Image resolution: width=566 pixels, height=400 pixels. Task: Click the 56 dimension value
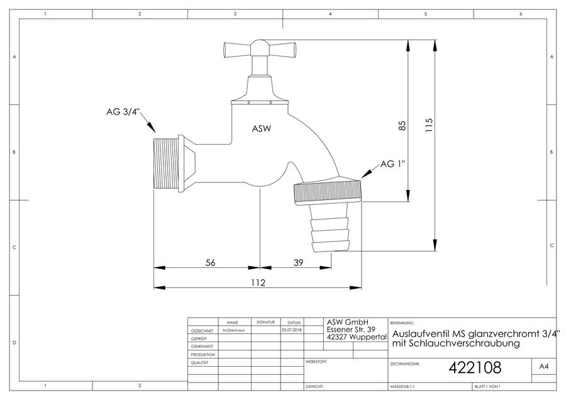(211, 262)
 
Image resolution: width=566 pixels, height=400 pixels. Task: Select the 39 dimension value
(298, 262)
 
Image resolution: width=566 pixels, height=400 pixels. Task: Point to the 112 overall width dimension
(258, 282)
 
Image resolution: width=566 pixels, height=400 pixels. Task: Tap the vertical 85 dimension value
(402, 125)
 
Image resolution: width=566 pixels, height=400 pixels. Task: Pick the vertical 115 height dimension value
(428, 125)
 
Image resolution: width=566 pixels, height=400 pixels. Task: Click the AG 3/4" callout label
(123, 112)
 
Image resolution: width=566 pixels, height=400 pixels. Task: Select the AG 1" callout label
(392, 164)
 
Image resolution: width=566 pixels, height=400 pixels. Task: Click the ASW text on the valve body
(262, 128)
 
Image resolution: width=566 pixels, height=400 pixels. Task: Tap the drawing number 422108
(475, 368)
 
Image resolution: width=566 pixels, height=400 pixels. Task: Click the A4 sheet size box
(543, 367)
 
